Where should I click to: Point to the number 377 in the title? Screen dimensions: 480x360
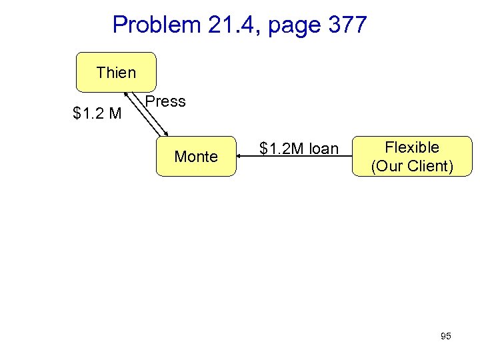click(347, 25)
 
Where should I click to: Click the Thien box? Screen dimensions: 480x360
click(116, 72)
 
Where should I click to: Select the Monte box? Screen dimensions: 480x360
click(196, 157)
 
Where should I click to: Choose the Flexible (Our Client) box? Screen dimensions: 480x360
click(412, 157)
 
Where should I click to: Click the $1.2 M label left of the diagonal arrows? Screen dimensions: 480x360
click(97, 114)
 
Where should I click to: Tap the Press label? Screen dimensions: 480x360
click(165, 102)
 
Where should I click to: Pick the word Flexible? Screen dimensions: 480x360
click(412, 147)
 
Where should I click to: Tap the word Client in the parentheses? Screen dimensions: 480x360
click(430, 166)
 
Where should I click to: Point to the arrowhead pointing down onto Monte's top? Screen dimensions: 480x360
click(166, 135)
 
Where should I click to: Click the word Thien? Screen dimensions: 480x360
click(116, 72)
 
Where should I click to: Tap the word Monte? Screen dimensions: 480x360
click(196, 157)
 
